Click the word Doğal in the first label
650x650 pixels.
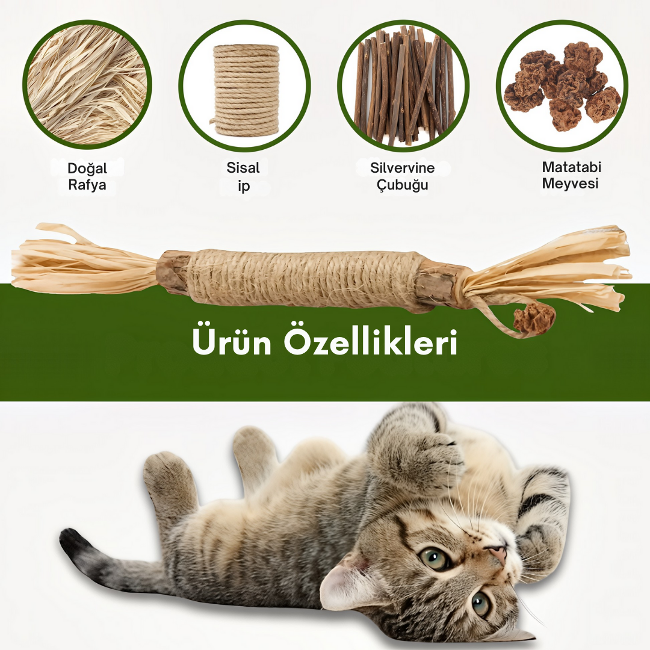tap(87, 169)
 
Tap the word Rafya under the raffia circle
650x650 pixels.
tap(87, 185)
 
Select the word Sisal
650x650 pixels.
tap(243, 167)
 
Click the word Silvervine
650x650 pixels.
tap(402, 167)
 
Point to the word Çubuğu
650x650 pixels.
tap(402, 185)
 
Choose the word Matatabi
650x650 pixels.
tap(571, 167)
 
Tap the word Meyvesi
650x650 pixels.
tap(571, 184)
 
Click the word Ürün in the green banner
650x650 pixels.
tap(232, 342)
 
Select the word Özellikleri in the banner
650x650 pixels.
tap(371, 342)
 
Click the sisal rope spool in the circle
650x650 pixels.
tap(246, 90)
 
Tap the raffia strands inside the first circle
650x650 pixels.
tap(87, 85)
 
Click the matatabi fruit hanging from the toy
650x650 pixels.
tap(534, 319)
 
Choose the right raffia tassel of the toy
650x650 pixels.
tap(547, 267)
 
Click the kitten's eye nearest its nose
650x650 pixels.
tap(435, 559)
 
